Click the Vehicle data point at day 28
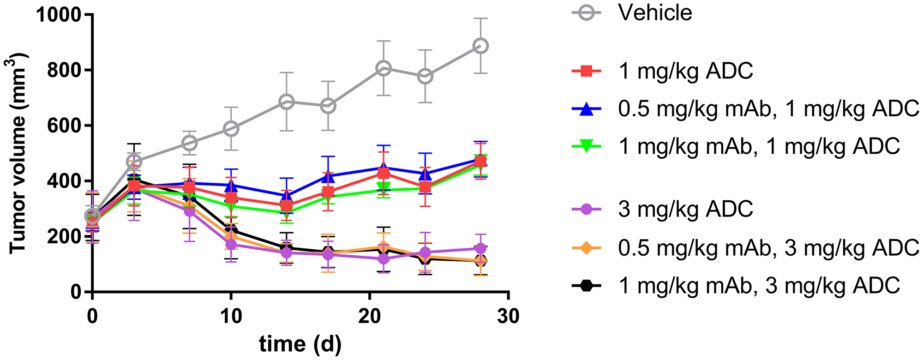point(480,46)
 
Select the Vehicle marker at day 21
point(384,68)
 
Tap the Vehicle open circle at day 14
point(287,102)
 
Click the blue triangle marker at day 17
point(328,176)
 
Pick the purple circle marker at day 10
point(231,244)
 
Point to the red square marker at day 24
point(425,187)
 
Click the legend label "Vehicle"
point(655,13)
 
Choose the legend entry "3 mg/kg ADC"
point(685,209)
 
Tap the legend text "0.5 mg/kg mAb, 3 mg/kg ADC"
point(768,248)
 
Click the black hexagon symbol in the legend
point(586,286)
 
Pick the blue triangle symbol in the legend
point(586,109)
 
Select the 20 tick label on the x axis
point(369,317)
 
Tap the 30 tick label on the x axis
point(508,317)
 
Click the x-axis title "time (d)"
point(300,344)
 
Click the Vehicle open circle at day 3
point(134,162)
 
